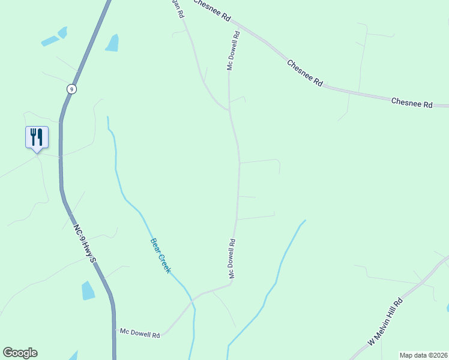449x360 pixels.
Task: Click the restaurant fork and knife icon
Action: coord(37,137)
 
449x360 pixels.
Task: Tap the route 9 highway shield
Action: coord(71,89)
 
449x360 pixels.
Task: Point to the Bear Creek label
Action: coord(160,255)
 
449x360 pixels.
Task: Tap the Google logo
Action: coord(20,353)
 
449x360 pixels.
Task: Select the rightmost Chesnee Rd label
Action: coord(412,103)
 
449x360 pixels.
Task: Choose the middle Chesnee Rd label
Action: coord(305,73)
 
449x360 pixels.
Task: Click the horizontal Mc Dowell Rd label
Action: coord(140,332)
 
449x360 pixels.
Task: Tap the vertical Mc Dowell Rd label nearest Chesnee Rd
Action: coord(234,51)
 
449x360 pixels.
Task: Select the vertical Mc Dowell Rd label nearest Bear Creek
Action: coord(231,258)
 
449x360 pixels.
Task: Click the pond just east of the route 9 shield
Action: coord(112,43)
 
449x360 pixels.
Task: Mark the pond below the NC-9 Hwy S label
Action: coord(88,290)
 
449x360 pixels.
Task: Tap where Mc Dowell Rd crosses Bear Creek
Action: coord(193,298)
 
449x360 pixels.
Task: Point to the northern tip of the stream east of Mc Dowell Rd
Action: coord(304,220)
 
